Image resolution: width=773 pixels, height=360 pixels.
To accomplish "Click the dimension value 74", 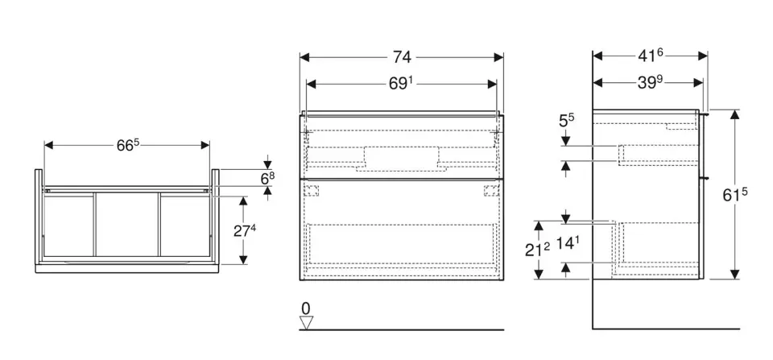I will (x=402, y=56).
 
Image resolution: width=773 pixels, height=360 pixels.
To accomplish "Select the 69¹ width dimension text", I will (x=401, y=83).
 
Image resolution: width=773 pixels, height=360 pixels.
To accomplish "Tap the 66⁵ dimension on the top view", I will (x=128, y=145).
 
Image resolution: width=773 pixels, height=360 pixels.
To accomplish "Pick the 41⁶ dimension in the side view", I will (x=650, y=56).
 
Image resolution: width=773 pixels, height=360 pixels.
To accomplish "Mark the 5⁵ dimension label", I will (x=566, y=122).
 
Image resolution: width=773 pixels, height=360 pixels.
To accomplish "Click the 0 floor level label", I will (x=305, y=308).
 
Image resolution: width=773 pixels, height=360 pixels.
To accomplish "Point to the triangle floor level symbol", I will (x=305, y=322).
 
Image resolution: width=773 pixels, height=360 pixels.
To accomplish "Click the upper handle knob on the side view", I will (x=706, y=114).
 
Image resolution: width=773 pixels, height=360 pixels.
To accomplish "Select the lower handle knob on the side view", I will (x=706, y=176).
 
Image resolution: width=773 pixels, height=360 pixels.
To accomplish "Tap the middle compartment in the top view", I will (x=127, y=225).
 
